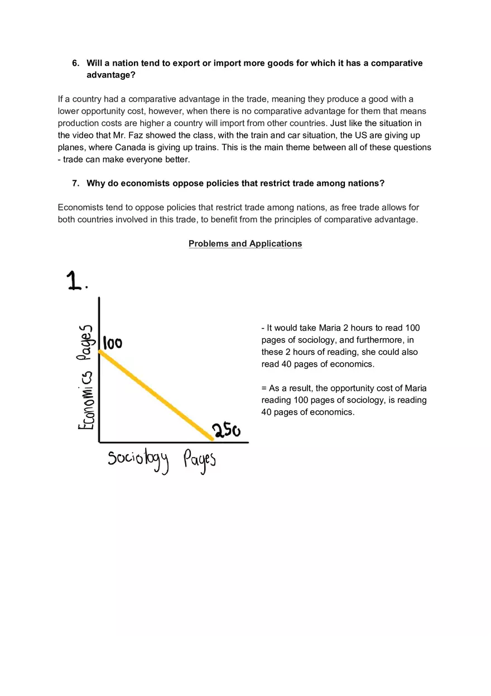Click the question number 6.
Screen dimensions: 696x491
75,63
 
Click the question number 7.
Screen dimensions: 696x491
75,183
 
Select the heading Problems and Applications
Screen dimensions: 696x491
245,243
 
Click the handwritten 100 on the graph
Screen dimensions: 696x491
113,343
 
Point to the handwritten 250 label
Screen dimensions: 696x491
226,431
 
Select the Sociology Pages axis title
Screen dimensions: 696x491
161,461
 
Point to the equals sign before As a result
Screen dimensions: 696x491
264,388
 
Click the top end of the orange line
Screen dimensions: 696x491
100,351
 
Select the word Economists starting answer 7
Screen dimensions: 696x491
80,207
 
